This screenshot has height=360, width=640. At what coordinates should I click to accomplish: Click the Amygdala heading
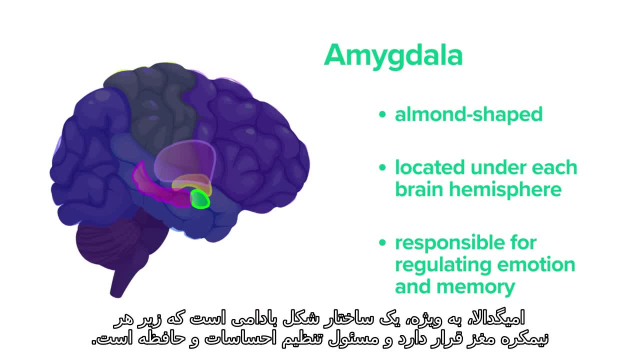[x=393, y=55]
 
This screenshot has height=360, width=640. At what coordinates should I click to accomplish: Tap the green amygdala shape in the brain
[x=200, y=199]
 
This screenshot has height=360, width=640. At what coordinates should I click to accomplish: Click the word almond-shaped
[x=468, y=114]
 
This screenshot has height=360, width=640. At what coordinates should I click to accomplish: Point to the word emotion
[x=536, y=265]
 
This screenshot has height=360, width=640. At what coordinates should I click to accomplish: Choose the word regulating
[x=443, y=265]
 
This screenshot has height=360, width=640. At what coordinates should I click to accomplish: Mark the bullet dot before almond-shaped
[x=382, y=114]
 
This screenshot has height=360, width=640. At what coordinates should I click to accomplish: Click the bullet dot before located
[x=382, y=167]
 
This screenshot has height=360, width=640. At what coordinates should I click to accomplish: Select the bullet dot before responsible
[x=382, y=243]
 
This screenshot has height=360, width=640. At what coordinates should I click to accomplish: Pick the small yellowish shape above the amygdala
[x=191, y=184]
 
